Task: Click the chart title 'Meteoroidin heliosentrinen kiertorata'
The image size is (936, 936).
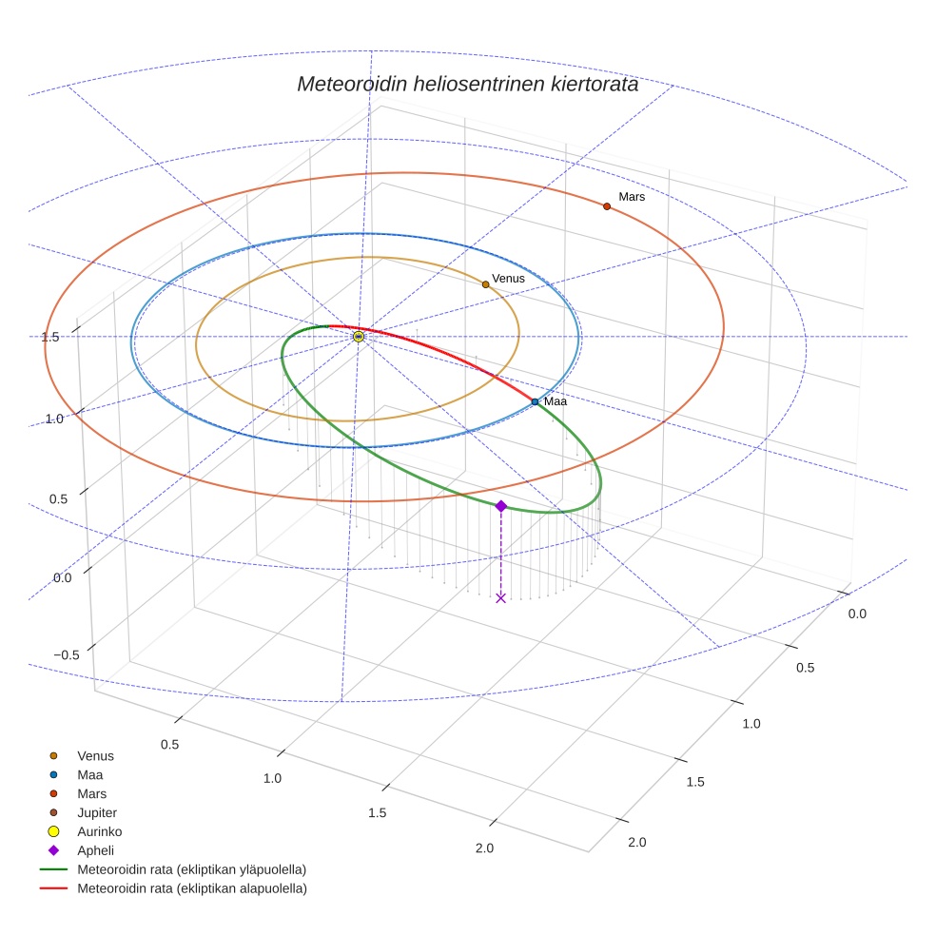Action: point(467,84)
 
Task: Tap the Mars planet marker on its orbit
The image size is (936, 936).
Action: point(606,206)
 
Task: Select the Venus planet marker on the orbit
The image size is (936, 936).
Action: point(485,284)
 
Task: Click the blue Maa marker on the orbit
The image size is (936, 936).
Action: point(535,402)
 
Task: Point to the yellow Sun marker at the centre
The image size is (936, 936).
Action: point(359,337)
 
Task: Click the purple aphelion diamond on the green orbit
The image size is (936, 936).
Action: point(501,506)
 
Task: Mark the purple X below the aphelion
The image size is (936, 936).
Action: point(501,597)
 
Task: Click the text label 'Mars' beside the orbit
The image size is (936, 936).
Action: point(632,197)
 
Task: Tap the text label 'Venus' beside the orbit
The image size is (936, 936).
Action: point(508,278)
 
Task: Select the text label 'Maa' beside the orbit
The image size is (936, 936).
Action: point(556,402)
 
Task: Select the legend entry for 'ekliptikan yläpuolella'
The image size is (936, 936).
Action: point(191,869)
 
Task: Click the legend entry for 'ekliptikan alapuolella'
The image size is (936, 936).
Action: point(191,888)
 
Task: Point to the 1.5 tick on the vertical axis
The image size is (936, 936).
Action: point(51,337)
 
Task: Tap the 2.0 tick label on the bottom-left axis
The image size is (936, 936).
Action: point(484,848)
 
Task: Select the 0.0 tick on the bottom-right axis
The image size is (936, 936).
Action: point(857,614)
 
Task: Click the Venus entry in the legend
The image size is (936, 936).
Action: point(95,756)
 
